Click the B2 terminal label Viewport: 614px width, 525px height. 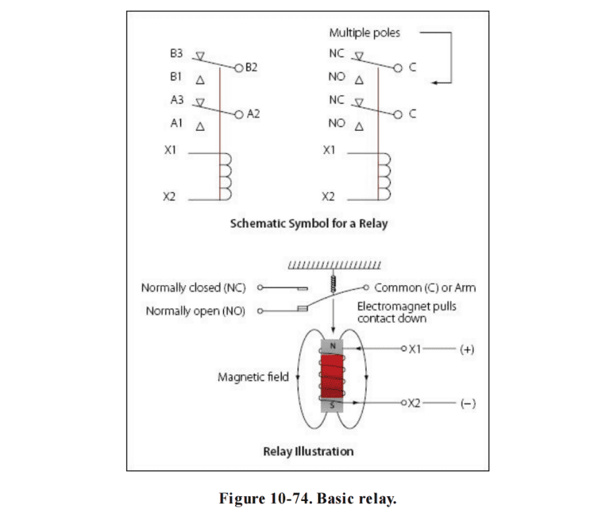[x=251, y=68]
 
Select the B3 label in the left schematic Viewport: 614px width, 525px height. [x=176, y=53]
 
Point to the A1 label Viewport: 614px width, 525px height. [x=176, y=123]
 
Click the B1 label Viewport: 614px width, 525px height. [x=176, y=77]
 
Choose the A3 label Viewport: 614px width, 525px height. [x=176, y=100]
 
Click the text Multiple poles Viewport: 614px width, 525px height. [x=364, y=33]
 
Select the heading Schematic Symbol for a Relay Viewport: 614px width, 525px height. [x=309, y=224]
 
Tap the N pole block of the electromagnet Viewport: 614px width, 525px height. [x=332, y=346]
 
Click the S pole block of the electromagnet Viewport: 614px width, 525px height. [x=332, y=405]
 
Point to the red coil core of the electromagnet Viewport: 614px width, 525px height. [x=332, y=375]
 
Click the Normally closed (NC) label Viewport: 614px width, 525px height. [x=194, y=288]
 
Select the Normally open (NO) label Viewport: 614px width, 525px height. [x=195, y=311]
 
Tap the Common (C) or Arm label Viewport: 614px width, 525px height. [x=425, y=288]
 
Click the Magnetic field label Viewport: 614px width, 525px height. [x=253, y=377]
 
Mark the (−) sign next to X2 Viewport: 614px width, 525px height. [x=467, y=404]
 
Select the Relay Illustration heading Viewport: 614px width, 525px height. [x=308, y=450]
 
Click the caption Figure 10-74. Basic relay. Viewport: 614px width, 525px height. [x=308, y=500]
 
